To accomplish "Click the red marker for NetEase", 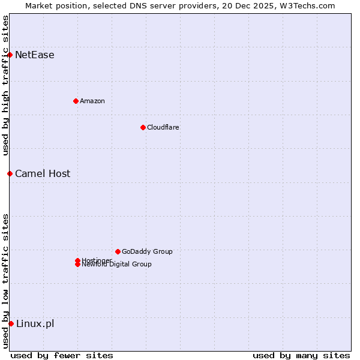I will pyautogui.click(x=10, y=55).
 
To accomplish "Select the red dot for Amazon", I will pyautogui.click(x=76, y=101).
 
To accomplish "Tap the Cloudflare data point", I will pyautogui.click(x=143, y=127).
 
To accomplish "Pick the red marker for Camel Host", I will pyautogui.click(x=10, y=174).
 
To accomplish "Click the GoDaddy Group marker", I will pyautogui.click(x=118, y=251).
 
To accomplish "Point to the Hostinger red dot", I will pyautogui.click(x=77, y=260).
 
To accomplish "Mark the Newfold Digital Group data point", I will pyautogui.click(x=77, y=265).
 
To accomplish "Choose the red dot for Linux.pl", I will pyautogui.click(x=11, y=324).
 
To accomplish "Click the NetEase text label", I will pyautogui.click(x=35, y=55).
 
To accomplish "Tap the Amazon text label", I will pyautogui.click(x=92, y=101).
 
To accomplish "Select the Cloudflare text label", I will pyautogui.click(x=163, y=127).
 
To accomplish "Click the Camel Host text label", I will pyautogui.click(x=43, y=174).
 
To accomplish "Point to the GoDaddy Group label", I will pyautogui.click(x=147, y=251).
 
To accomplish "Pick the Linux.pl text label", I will pyautogui.click(x=35, y=324).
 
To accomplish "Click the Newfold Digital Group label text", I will pyautogui.click(x=117, y=265).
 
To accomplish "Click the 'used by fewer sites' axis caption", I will pyautogui.click(x=62, y=355).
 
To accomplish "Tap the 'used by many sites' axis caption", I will pyautogui.click(x=301, y=355).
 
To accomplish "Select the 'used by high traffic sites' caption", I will pyautogui.click(x=5, y=85).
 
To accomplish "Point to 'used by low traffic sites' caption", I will pyautogui.click(x=5, y=280).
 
